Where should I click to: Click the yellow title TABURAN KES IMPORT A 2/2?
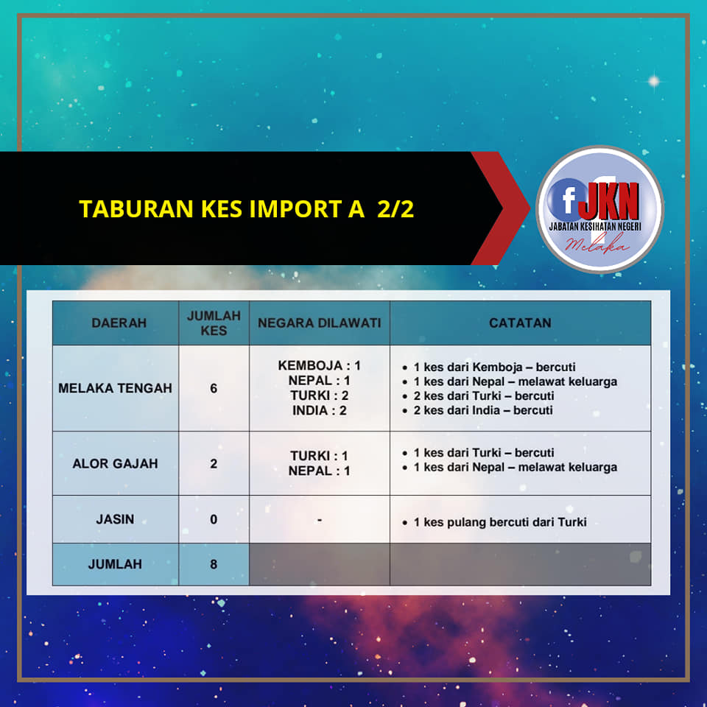(x=247, y=208)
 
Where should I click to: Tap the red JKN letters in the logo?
(x=609, y=201)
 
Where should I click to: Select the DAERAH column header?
(x=119, y=323)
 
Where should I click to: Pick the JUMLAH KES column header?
(x=214, y=323)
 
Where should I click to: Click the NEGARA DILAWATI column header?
(x=319, y=323)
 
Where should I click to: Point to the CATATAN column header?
(x=520, y=323)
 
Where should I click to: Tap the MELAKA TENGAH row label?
(x=115, y=388)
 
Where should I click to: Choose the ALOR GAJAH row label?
(x=115, y=463)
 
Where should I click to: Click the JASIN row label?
(x=115, y=519)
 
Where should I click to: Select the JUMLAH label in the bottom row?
(x=115, y=564)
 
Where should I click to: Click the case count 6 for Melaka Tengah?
(x=214, y=388)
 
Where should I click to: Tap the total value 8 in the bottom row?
(x=214, y=564)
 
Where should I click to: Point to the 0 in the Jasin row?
(x=214, y=519)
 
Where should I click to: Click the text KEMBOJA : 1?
(x=319, y=365)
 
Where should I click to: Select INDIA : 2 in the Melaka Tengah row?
(x=319, y=410)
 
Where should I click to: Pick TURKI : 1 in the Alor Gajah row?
(x=319, y=456)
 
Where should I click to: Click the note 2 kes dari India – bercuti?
(x=483, y=410)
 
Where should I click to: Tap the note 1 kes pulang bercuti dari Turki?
(x=500, y=522)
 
